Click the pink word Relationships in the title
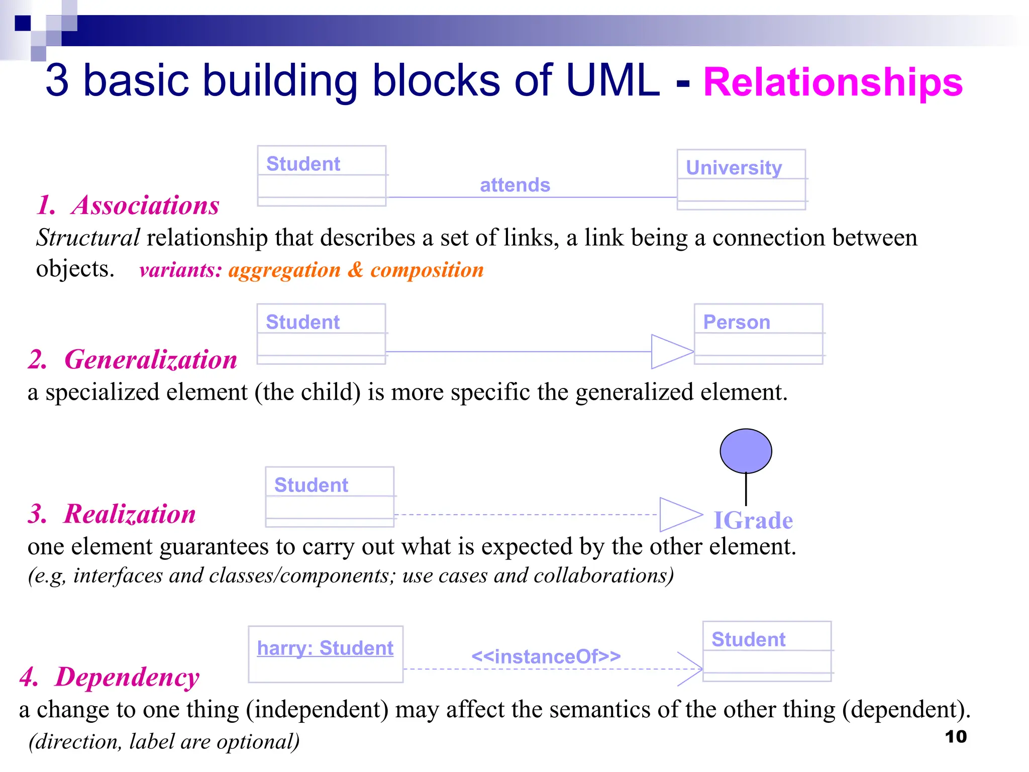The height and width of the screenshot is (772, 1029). [x=833, y=82]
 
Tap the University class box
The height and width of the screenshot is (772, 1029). [x=741, y=179]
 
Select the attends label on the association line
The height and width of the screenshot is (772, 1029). [x=515, y=185]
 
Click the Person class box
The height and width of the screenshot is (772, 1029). [x=758, y=334]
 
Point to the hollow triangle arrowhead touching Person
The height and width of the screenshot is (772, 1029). [x=671, y=351]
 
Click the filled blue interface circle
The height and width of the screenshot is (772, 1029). [x=746, y=451]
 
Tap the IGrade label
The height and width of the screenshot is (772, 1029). [x=753, y=520]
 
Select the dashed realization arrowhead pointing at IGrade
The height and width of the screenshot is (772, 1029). [x=679, y=514]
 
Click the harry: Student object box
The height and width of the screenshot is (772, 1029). [x=326, y=654]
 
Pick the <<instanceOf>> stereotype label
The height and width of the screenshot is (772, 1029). [x=546, y=656]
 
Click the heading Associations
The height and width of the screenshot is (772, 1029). [x=145, y=205]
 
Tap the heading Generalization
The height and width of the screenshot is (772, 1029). [x=150, y=359]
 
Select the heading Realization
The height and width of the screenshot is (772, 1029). [x=129, y=514]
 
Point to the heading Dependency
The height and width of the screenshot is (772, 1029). [x=127, y=677]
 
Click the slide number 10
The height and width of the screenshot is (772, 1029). [x=955, y=737]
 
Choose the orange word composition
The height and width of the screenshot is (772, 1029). [x=427, y=270]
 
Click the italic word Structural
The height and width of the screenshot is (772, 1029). [x=88, y=238]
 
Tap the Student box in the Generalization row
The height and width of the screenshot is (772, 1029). [x=321, y=334]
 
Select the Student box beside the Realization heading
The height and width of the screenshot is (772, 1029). [x=330, y=497]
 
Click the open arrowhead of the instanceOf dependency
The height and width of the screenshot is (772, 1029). [x=691, y=669]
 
